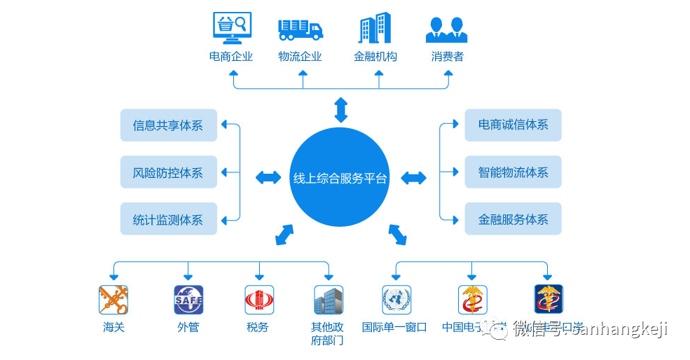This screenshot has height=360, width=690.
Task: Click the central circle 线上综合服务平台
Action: pos(339,178)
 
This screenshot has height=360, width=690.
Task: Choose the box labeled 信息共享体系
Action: pos(168,125)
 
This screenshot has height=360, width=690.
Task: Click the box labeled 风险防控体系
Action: pos(168,172)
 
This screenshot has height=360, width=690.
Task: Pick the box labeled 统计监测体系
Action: pos(168,219)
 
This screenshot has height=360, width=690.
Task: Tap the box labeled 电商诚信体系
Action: pos(513,125)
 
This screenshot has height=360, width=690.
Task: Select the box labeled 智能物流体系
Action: pos(513,172)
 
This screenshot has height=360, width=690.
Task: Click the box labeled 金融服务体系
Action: pos(513,219)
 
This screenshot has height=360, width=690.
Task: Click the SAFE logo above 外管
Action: pos(188,300)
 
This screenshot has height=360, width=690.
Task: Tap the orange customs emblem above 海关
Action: pos(113,300)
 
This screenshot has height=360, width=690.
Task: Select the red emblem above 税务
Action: pos(259,300)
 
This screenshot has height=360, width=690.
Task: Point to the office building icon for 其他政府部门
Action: pos(328,300)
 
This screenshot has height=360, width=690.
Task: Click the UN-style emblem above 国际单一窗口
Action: pos(396,300)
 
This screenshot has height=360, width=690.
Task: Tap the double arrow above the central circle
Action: pos(340,110)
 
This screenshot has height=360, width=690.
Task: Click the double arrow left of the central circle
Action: pos(268,178)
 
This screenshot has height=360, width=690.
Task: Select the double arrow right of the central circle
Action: pos(413,178)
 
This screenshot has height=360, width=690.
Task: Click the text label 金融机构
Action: pos(375,57)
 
